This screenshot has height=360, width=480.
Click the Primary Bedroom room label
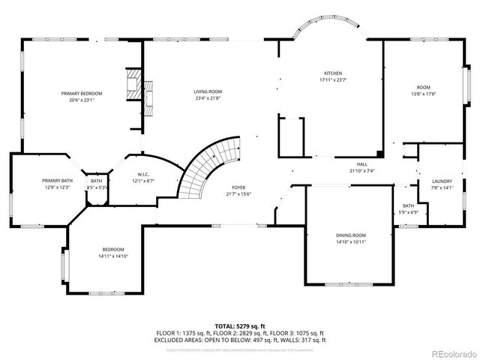[81, 93]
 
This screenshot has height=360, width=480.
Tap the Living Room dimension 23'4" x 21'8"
[208, 98]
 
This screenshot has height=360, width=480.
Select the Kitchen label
[333, 73]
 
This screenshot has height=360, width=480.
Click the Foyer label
[238, 187]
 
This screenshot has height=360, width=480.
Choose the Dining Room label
[350, 236]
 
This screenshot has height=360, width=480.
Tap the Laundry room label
[442, 181]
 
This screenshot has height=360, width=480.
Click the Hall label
[361, 164]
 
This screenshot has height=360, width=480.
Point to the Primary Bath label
[56, 181]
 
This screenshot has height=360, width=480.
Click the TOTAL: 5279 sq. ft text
[240, 326]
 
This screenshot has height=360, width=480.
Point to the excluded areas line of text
[240, 340]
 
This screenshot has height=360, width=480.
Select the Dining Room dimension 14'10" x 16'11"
[350, 242]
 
